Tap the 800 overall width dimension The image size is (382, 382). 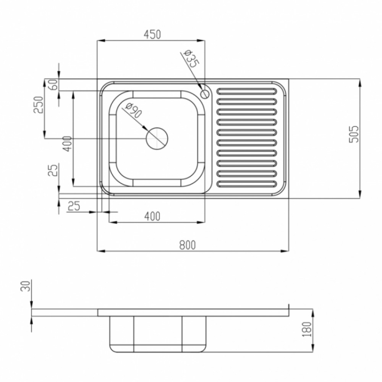(187, 245)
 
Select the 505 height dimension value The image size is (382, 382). (354, 134)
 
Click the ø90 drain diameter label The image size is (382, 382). (133, 111)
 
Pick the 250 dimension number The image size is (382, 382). (38, 105)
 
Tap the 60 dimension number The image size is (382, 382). (55, 84)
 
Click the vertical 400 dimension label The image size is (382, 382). (68, 144)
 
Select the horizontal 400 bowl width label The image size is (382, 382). (152, 216)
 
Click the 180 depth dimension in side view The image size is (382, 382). (307, 329)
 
